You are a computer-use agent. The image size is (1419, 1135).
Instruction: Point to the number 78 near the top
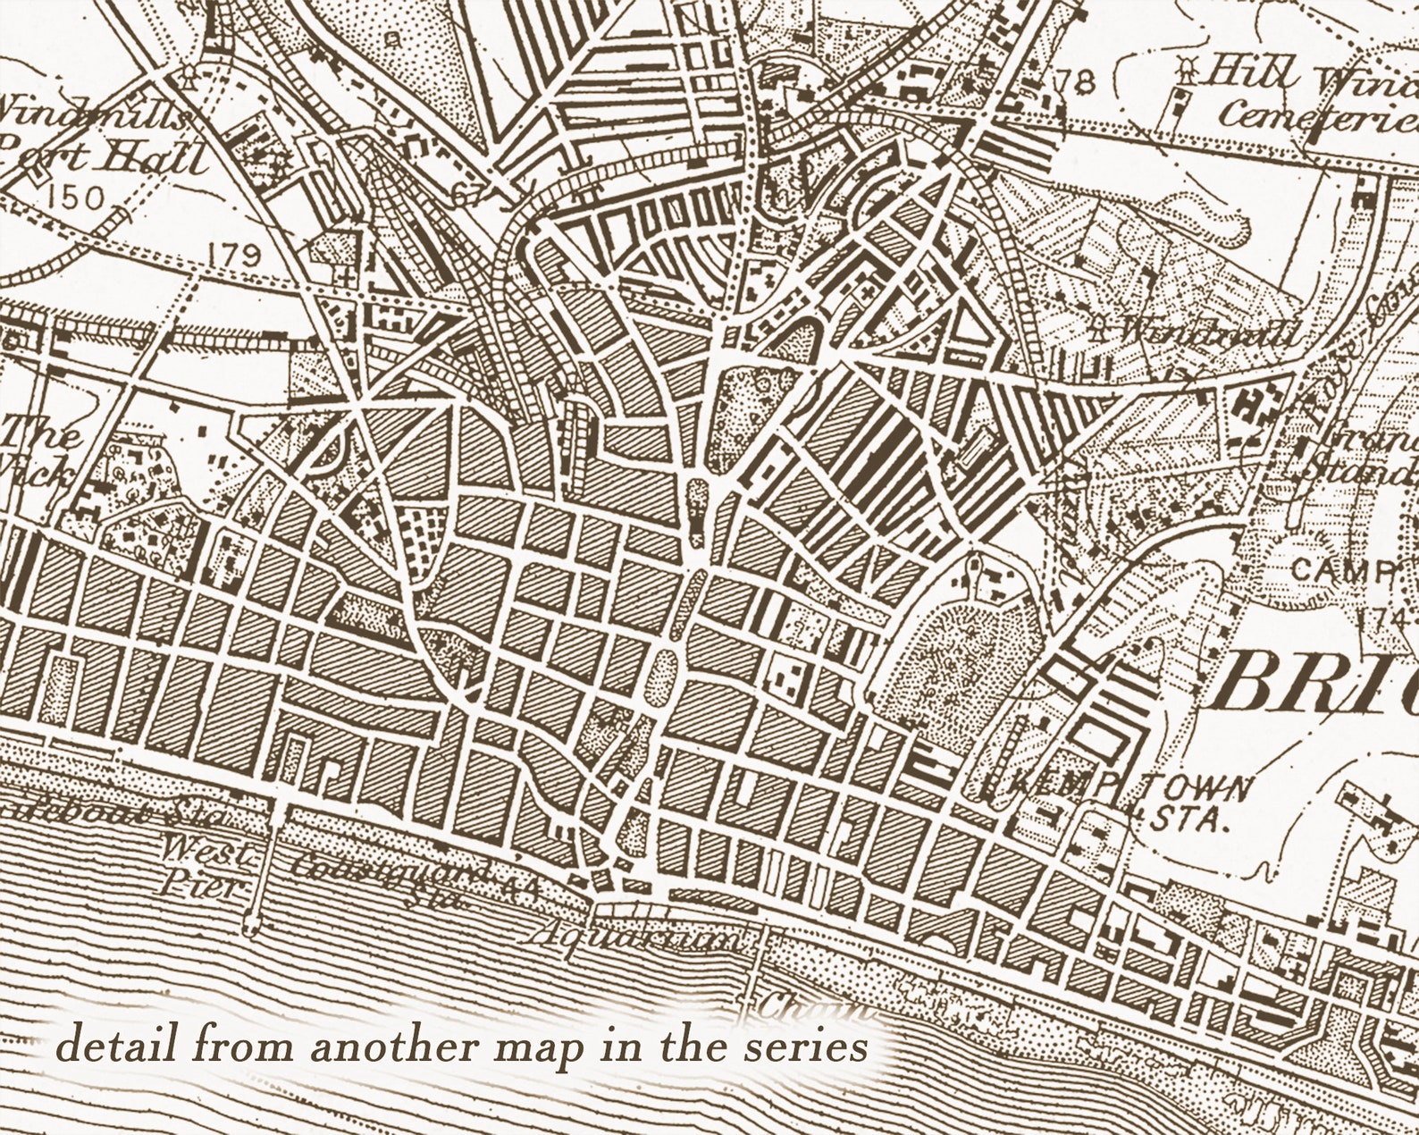pyautogui.click(x=1073, y=82)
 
